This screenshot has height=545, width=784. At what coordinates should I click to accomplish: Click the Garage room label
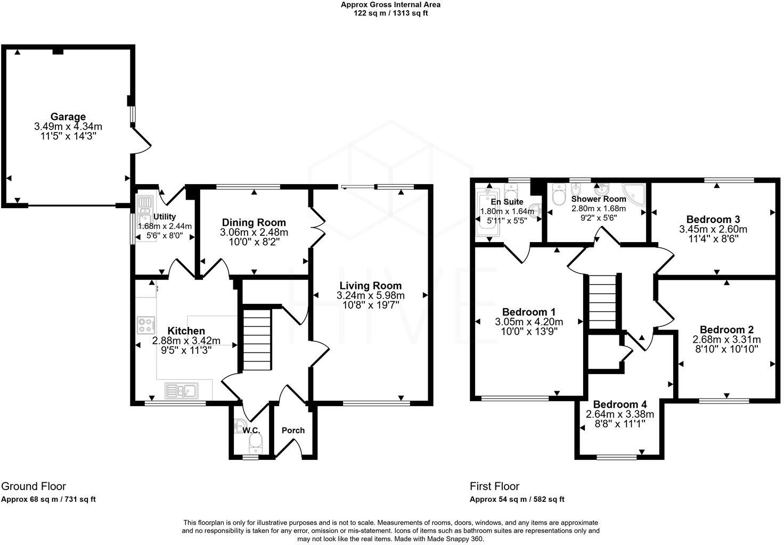pos(68,117)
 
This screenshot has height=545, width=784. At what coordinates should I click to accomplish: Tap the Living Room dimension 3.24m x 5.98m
pos(371,295)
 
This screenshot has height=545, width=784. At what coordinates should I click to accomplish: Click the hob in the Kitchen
pos(146,324)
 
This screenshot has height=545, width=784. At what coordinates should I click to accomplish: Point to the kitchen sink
pos(181,391)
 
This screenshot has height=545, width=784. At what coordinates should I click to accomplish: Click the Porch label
pos(293,430)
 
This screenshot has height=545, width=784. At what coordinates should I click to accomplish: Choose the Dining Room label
pos(254,222)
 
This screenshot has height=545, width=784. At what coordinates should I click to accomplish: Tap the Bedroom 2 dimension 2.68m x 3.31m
pos(726,340)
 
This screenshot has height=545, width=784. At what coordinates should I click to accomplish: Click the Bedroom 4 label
pos(620,404)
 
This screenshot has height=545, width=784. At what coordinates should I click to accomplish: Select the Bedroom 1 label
pos(529,312)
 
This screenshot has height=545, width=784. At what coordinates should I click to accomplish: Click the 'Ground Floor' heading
pos(34,486)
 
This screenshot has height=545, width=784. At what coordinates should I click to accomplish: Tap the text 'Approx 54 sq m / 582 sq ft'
pos(517,499)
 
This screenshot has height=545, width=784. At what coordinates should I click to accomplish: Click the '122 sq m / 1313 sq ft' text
pos(391,13)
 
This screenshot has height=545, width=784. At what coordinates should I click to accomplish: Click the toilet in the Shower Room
pos(559,195)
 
